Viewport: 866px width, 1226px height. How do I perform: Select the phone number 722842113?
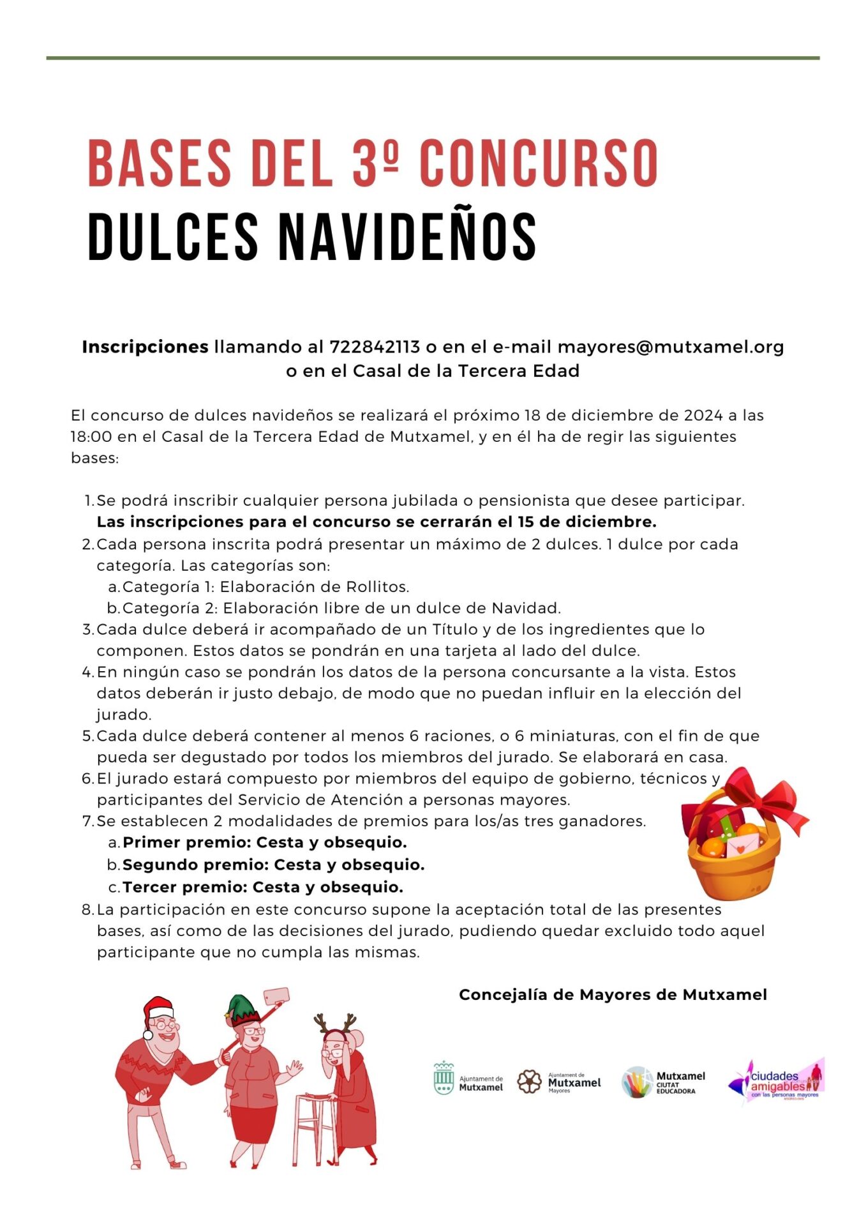(375, 347)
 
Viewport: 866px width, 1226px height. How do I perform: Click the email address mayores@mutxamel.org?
(671, 347)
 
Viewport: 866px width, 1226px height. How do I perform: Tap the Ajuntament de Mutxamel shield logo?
(444, 1078)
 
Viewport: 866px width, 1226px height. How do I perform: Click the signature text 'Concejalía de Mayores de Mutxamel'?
(613, 995)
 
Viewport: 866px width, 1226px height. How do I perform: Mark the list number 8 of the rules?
(87, 910)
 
